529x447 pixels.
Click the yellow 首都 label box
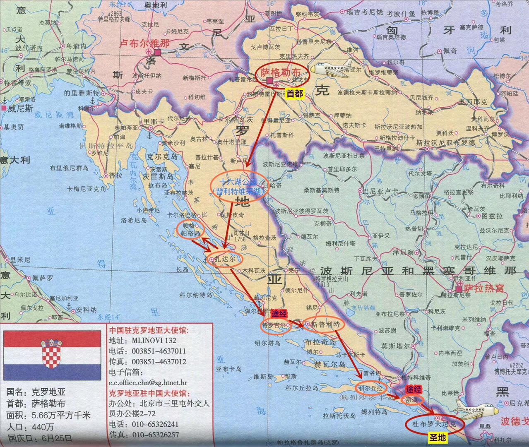point(294,94)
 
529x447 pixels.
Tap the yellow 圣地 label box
point(437,437)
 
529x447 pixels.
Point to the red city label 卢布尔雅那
point(144,43)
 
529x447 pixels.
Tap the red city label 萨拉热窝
point(483,288)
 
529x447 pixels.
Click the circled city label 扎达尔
point(225,259)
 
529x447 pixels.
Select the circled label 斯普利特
point(325,324)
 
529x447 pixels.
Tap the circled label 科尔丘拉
point(370,388)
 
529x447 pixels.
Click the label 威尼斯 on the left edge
point(20,108)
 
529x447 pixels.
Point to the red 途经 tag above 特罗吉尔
point(279,314)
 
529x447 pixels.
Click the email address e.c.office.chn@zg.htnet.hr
point(148,382)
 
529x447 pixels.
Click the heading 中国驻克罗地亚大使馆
point(149,330)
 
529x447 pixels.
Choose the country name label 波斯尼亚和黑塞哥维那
point(418,271)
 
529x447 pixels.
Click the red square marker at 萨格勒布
point(270,80)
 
